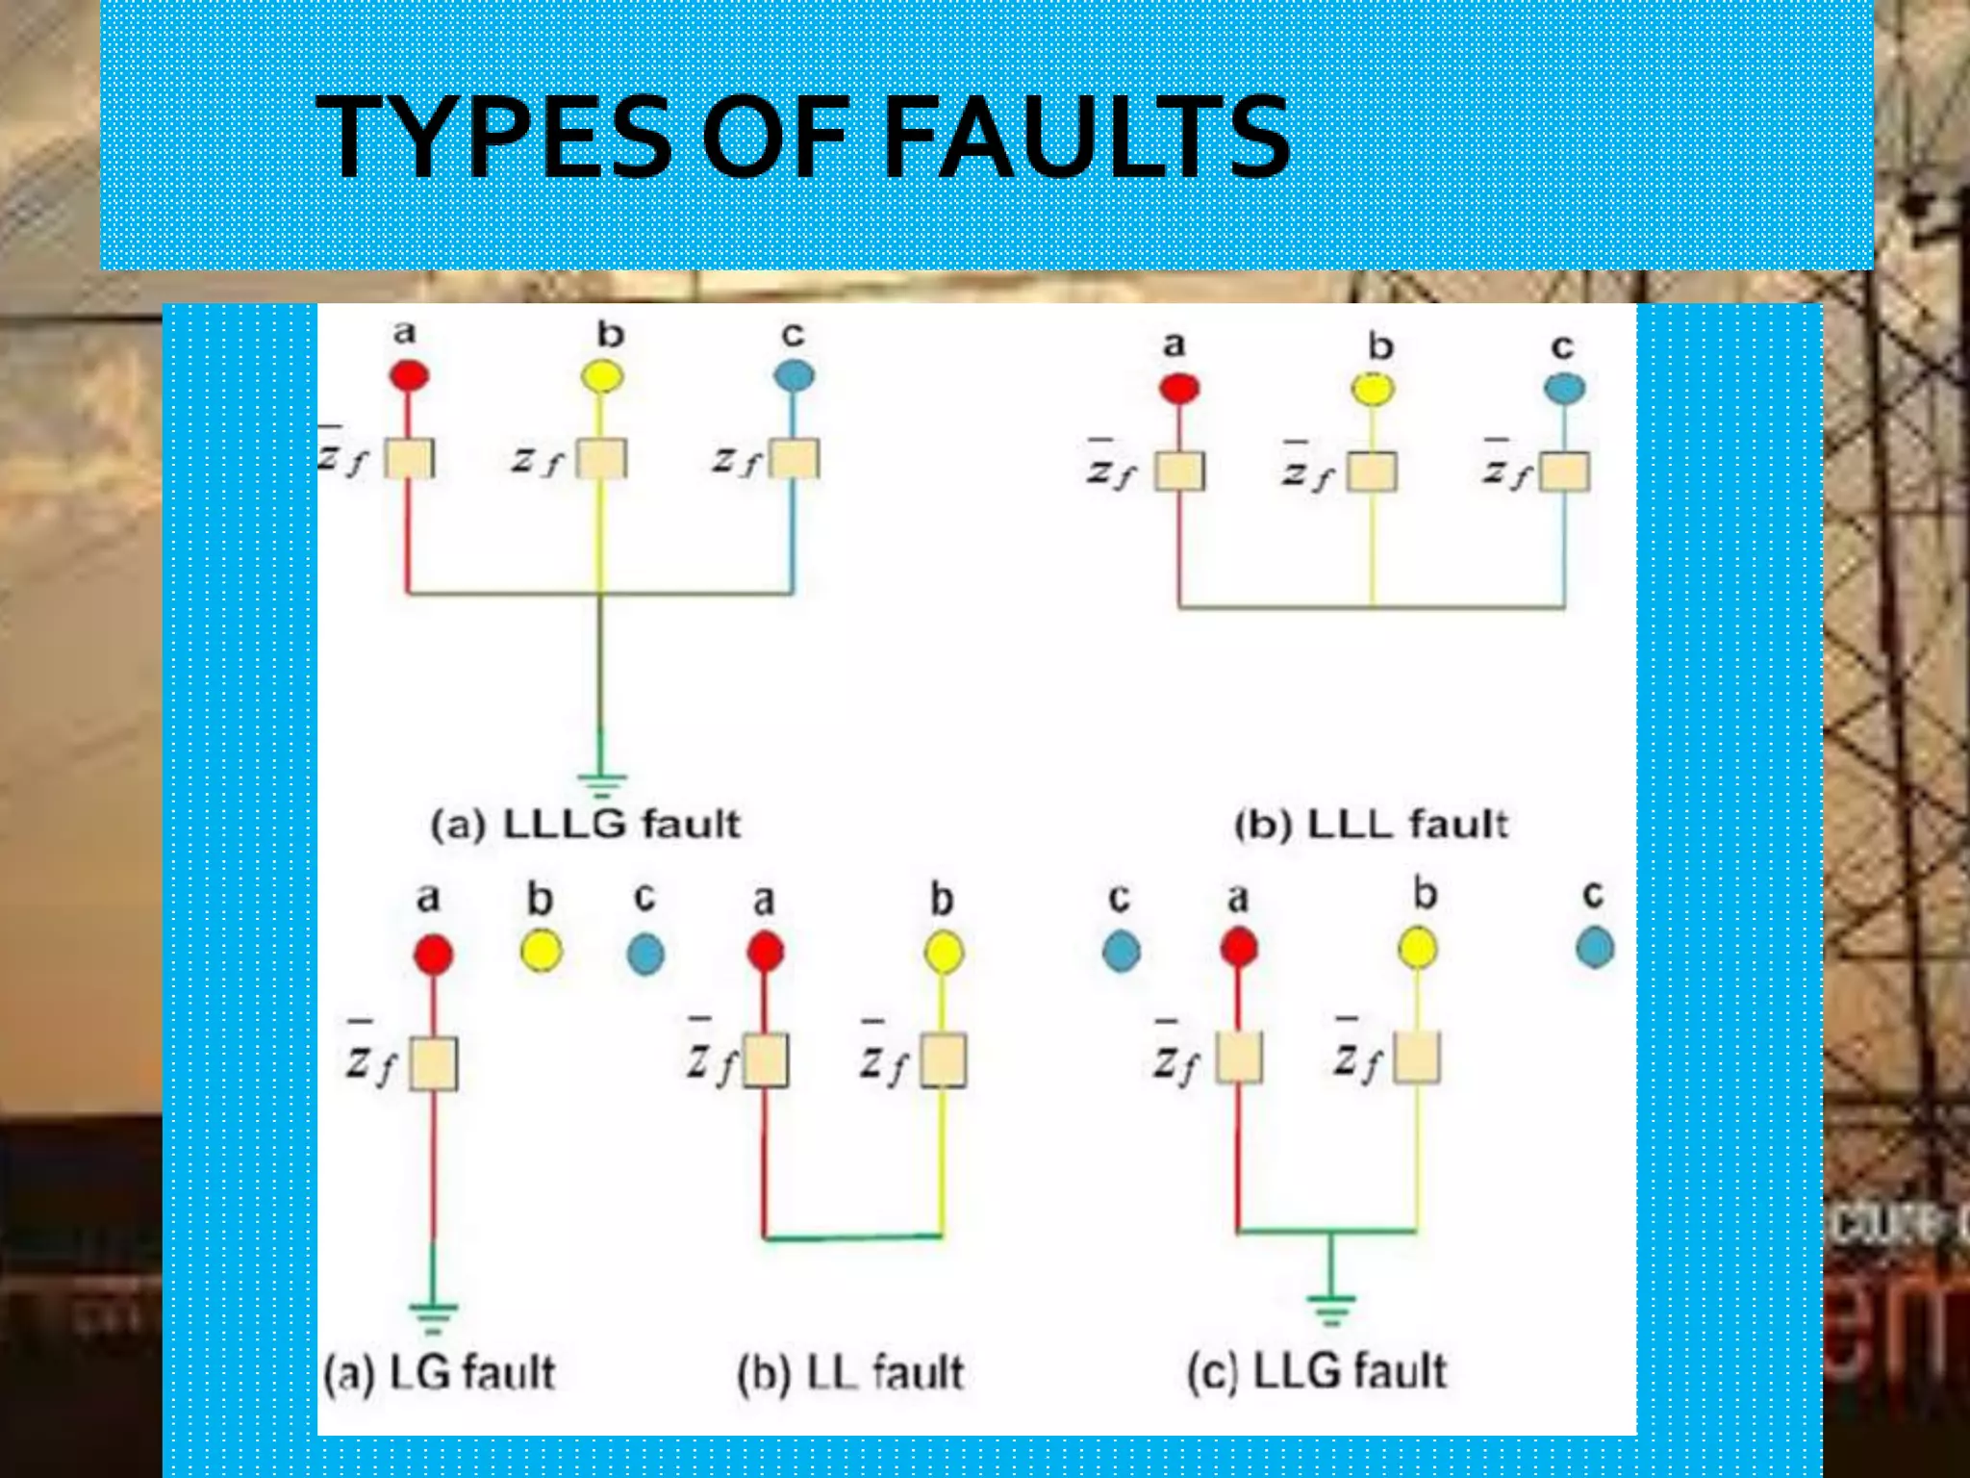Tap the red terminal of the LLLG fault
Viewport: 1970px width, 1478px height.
pyautogui.click(x=409, y=375)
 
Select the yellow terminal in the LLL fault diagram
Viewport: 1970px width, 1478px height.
pyautogui.click(x=1373, y=389)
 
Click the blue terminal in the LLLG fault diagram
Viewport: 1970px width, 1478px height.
pyautogui.click(x=794, y=375)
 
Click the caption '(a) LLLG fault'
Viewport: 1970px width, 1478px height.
pyautogui.click(x=585, y=825)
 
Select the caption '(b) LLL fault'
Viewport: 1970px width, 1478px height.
pyautogui.click(x=1371, y=825)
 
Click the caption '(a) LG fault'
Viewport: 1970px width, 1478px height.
pyautogui.click(x=440, y=1372)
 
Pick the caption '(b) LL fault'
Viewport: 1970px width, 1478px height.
pyautogui.click(x=850, y=1372)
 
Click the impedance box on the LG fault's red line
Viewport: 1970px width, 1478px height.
pyautogui.click(x=434, y=1063)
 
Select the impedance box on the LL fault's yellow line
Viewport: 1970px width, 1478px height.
pyautogui.click(x=943, y=1060)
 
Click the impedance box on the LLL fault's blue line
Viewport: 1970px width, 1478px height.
pyautogui.click(x=1564, y=471)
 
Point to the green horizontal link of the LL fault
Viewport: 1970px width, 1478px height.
pyautogui.click(x=852, y=1237)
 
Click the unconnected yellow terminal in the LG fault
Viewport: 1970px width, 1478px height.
pyautogui.click(x=541, y=952)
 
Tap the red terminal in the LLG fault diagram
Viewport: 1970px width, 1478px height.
pyautogui.click(x=1239, y=948)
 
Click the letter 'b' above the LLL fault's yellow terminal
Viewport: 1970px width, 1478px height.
pyautogui.click(x=1380, y=346)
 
